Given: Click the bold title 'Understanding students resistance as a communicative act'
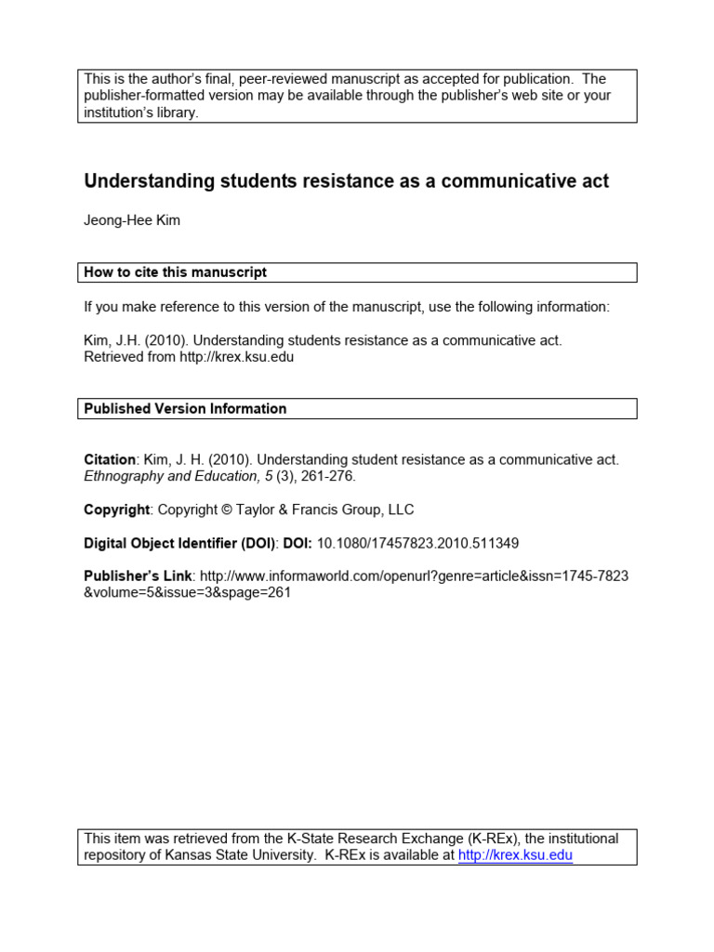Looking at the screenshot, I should point(346,181).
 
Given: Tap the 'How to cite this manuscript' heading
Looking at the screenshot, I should point(176,272).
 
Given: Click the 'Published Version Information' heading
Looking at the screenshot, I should point(185,408).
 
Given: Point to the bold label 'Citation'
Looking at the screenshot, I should point(110,459).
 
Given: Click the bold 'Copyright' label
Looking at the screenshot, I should point(116,509).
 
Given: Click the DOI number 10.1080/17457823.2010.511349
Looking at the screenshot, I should point(425,543).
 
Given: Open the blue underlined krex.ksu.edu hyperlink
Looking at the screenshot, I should point(515,855).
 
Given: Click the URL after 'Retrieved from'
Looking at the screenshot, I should point(237,357).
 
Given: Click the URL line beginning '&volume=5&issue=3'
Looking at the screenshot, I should point(188,593).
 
